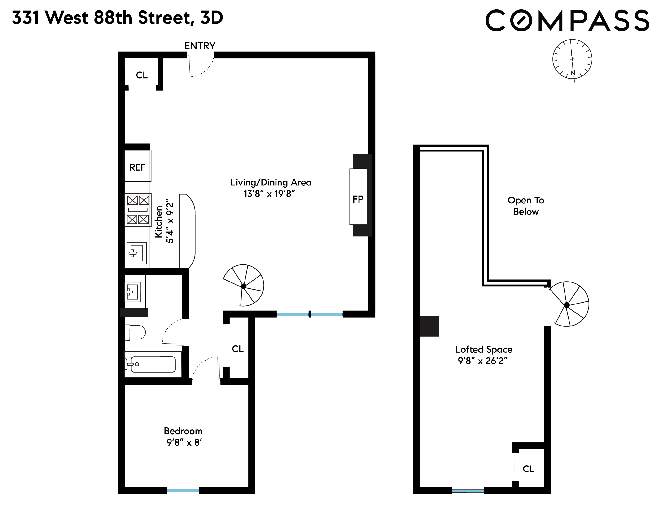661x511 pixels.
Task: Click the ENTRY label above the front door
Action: tap(200, 46)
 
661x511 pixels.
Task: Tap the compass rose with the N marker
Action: tap(572, 59)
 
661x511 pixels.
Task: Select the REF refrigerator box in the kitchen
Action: tap(137, 167)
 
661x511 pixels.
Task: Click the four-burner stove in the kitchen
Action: tap(138, 210)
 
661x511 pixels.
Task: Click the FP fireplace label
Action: tap(358, 199)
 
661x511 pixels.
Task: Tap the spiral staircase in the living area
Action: tap(244, 286)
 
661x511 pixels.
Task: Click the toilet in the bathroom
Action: tap(135, 332)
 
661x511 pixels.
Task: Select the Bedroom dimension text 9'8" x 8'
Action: tap(184, 443)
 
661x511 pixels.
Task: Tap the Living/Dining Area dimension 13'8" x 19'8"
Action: tap(269, 194)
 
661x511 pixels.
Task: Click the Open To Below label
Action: tap(526, 206)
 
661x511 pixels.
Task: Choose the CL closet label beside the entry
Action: tap(142, 75)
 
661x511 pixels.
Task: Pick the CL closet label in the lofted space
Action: tap(528, 469)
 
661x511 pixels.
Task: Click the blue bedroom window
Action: tap(183, 490)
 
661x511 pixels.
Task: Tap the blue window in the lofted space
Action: tap(468, 491)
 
